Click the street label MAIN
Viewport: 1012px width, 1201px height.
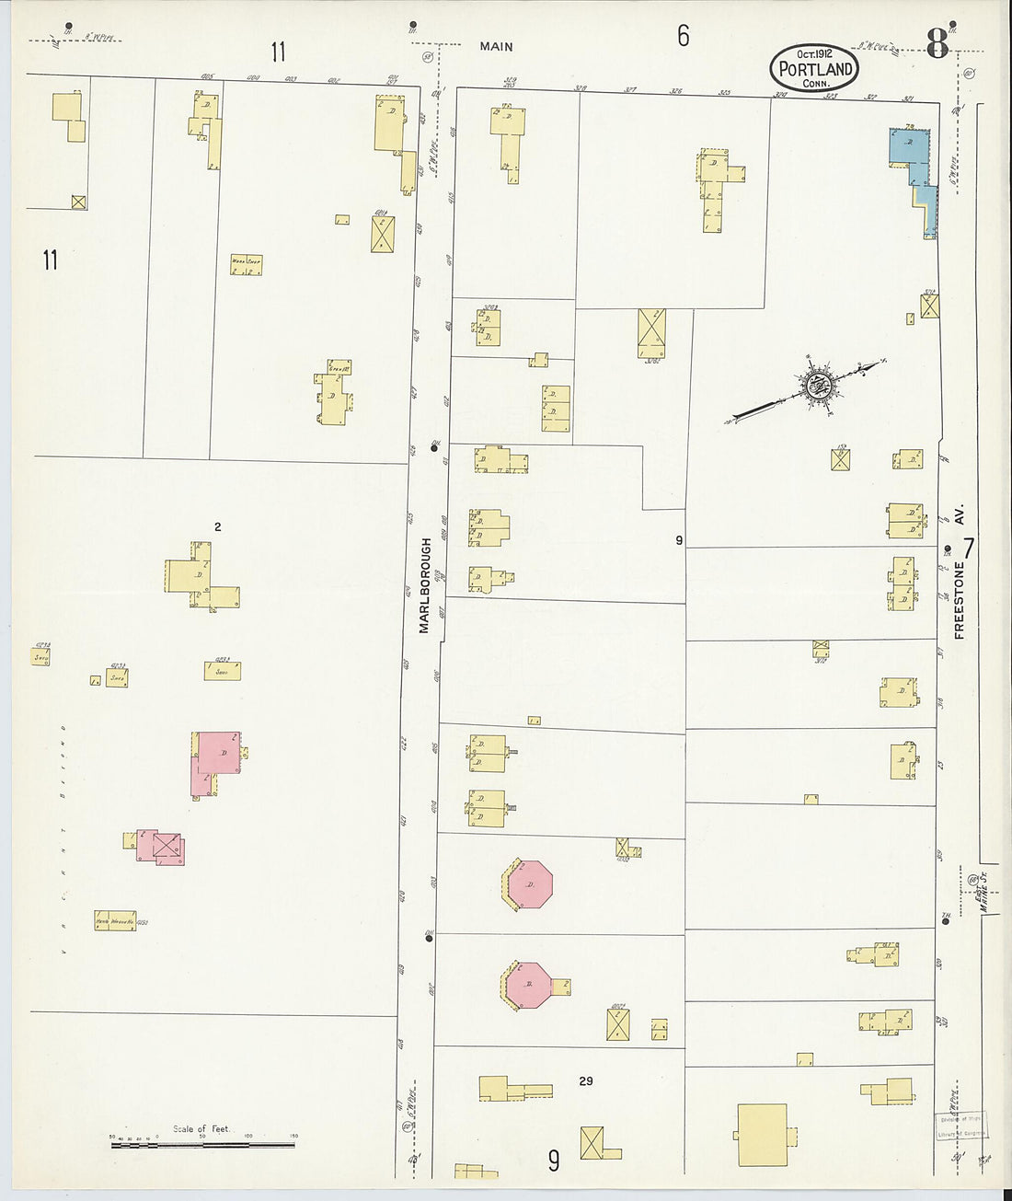[496, 46]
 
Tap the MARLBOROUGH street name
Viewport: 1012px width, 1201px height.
[425, 585]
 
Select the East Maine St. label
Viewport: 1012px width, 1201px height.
[983, 892]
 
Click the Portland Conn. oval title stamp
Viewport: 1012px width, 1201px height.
[814, 68]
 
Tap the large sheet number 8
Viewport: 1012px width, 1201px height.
[937, 43]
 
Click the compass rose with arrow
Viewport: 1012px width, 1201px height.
[817, 385]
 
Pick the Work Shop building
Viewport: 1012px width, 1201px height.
[246, 265]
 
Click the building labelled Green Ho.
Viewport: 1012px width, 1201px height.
[339, 369]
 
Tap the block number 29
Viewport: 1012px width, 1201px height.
[586, 1080]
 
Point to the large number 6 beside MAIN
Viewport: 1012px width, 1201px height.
[683, 36]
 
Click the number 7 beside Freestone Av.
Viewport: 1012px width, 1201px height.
[969, 549]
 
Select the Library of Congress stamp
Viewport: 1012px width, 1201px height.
[959, 1126]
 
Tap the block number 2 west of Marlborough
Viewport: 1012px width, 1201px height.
[217, 527]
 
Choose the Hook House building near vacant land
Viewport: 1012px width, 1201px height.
[114, 920]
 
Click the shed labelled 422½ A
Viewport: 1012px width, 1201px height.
[223, 671]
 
